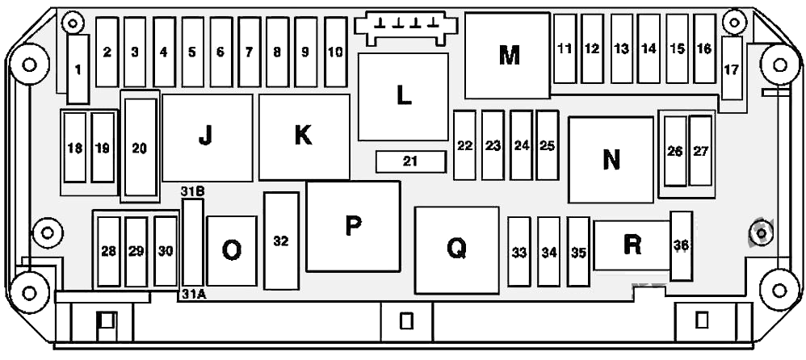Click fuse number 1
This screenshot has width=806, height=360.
[78, 69]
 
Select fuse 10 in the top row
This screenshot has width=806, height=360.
[335, 52]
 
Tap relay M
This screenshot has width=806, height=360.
[507, 56]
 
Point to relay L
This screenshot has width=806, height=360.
[403, 96]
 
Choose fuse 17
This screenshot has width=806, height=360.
[732, 68]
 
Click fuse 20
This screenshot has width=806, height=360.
[140, 148]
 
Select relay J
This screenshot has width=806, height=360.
[208, 138]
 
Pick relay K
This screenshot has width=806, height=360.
[304, 136]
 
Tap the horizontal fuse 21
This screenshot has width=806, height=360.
[410, 161]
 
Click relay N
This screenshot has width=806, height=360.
[611, 160]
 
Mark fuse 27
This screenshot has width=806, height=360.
[700, 150]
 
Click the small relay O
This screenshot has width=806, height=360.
[231, 250]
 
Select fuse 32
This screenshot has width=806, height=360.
[281, 241]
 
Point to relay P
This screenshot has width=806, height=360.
[353, 226]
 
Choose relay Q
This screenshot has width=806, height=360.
[456, 250]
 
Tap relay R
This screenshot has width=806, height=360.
[632, 245]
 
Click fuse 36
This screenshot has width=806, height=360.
[682, 246]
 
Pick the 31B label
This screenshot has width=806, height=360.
[193, 191]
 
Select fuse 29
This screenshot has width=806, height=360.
[136, 252]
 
